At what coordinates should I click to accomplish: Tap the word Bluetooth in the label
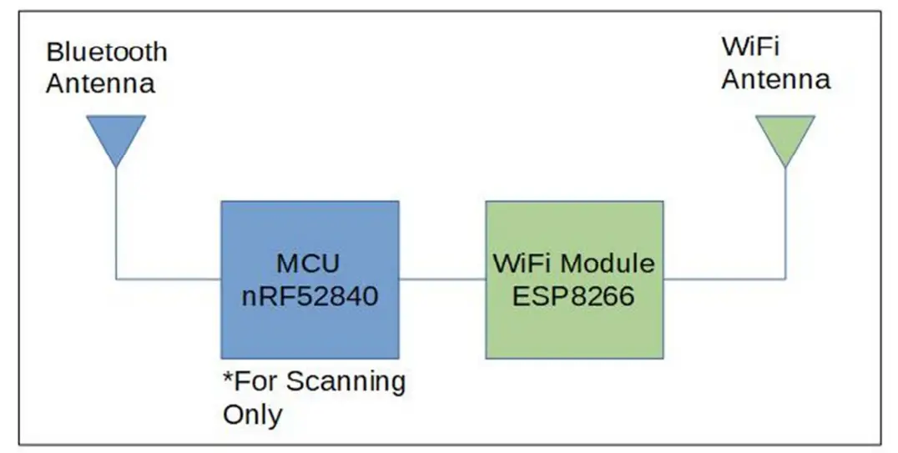[107, 52]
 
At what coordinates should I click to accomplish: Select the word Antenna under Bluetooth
[100, 83]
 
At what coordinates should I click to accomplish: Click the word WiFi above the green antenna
[750, 48]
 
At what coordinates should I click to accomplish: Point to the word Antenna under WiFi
[775, 79]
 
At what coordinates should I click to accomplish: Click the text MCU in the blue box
[308, 264]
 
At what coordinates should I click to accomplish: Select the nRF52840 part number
[308, 294]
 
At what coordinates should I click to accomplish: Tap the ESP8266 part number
[574, 295]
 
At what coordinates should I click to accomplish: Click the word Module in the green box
[607, 264]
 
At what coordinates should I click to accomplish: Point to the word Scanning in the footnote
[346, 382]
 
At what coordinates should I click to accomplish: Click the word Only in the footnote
[252, 414]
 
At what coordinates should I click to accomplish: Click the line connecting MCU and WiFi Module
[441, 279]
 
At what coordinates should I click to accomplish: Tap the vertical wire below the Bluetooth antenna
[116, 221]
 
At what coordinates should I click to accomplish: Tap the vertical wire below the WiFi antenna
[784, 221]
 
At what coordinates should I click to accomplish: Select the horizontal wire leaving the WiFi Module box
[724, 279]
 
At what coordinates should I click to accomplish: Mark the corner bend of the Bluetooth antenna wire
[116, 279]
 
